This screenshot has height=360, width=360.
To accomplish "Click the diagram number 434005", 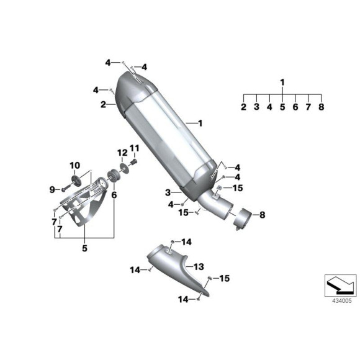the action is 341,301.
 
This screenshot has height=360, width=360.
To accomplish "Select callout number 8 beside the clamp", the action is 262,215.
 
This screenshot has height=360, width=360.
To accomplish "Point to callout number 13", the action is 199,267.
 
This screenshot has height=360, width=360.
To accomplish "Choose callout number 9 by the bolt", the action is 52,190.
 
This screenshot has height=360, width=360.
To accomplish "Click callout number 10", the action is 75,165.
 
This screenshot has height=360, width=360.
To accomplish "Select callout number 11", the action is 134,148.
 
